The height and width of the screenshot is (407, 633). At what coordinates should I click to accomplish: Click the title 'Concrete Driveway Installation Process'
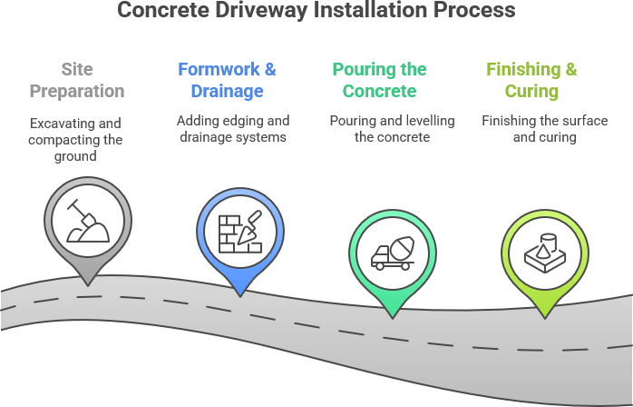pos(316,11)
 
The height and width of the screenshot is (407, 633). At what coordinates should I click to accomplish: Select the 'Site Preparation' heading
pos(76,80)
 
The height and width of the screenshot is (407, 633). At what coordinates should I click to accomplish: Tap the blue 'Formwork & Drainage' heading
pos(227,80)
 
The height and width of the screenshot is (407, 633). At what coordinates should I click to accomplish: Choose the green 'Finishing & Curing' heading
pos(531,80)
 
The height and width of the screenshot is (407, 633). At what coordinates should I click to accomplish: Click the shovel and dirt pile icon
pos(88,221)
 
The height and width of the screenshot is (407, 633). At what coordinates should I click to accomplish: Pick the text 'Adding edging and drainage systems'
pos(231,129)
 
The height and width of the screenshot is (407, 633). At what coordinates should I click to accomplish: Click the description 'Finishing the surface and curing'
pos(531,129)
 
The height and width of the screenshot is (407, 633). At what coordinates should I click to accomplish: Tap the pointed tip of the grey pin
pos(88,285)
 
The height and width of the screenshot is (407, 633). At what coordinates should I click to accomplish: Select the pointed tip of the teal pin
pos(393,316)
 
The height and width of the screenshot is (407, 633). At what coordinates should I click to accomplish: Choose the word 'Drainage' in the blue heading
pos(227,91)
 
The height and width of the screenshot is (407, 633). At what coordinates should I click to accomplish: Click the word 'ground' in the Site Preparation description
pos(76,156)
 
